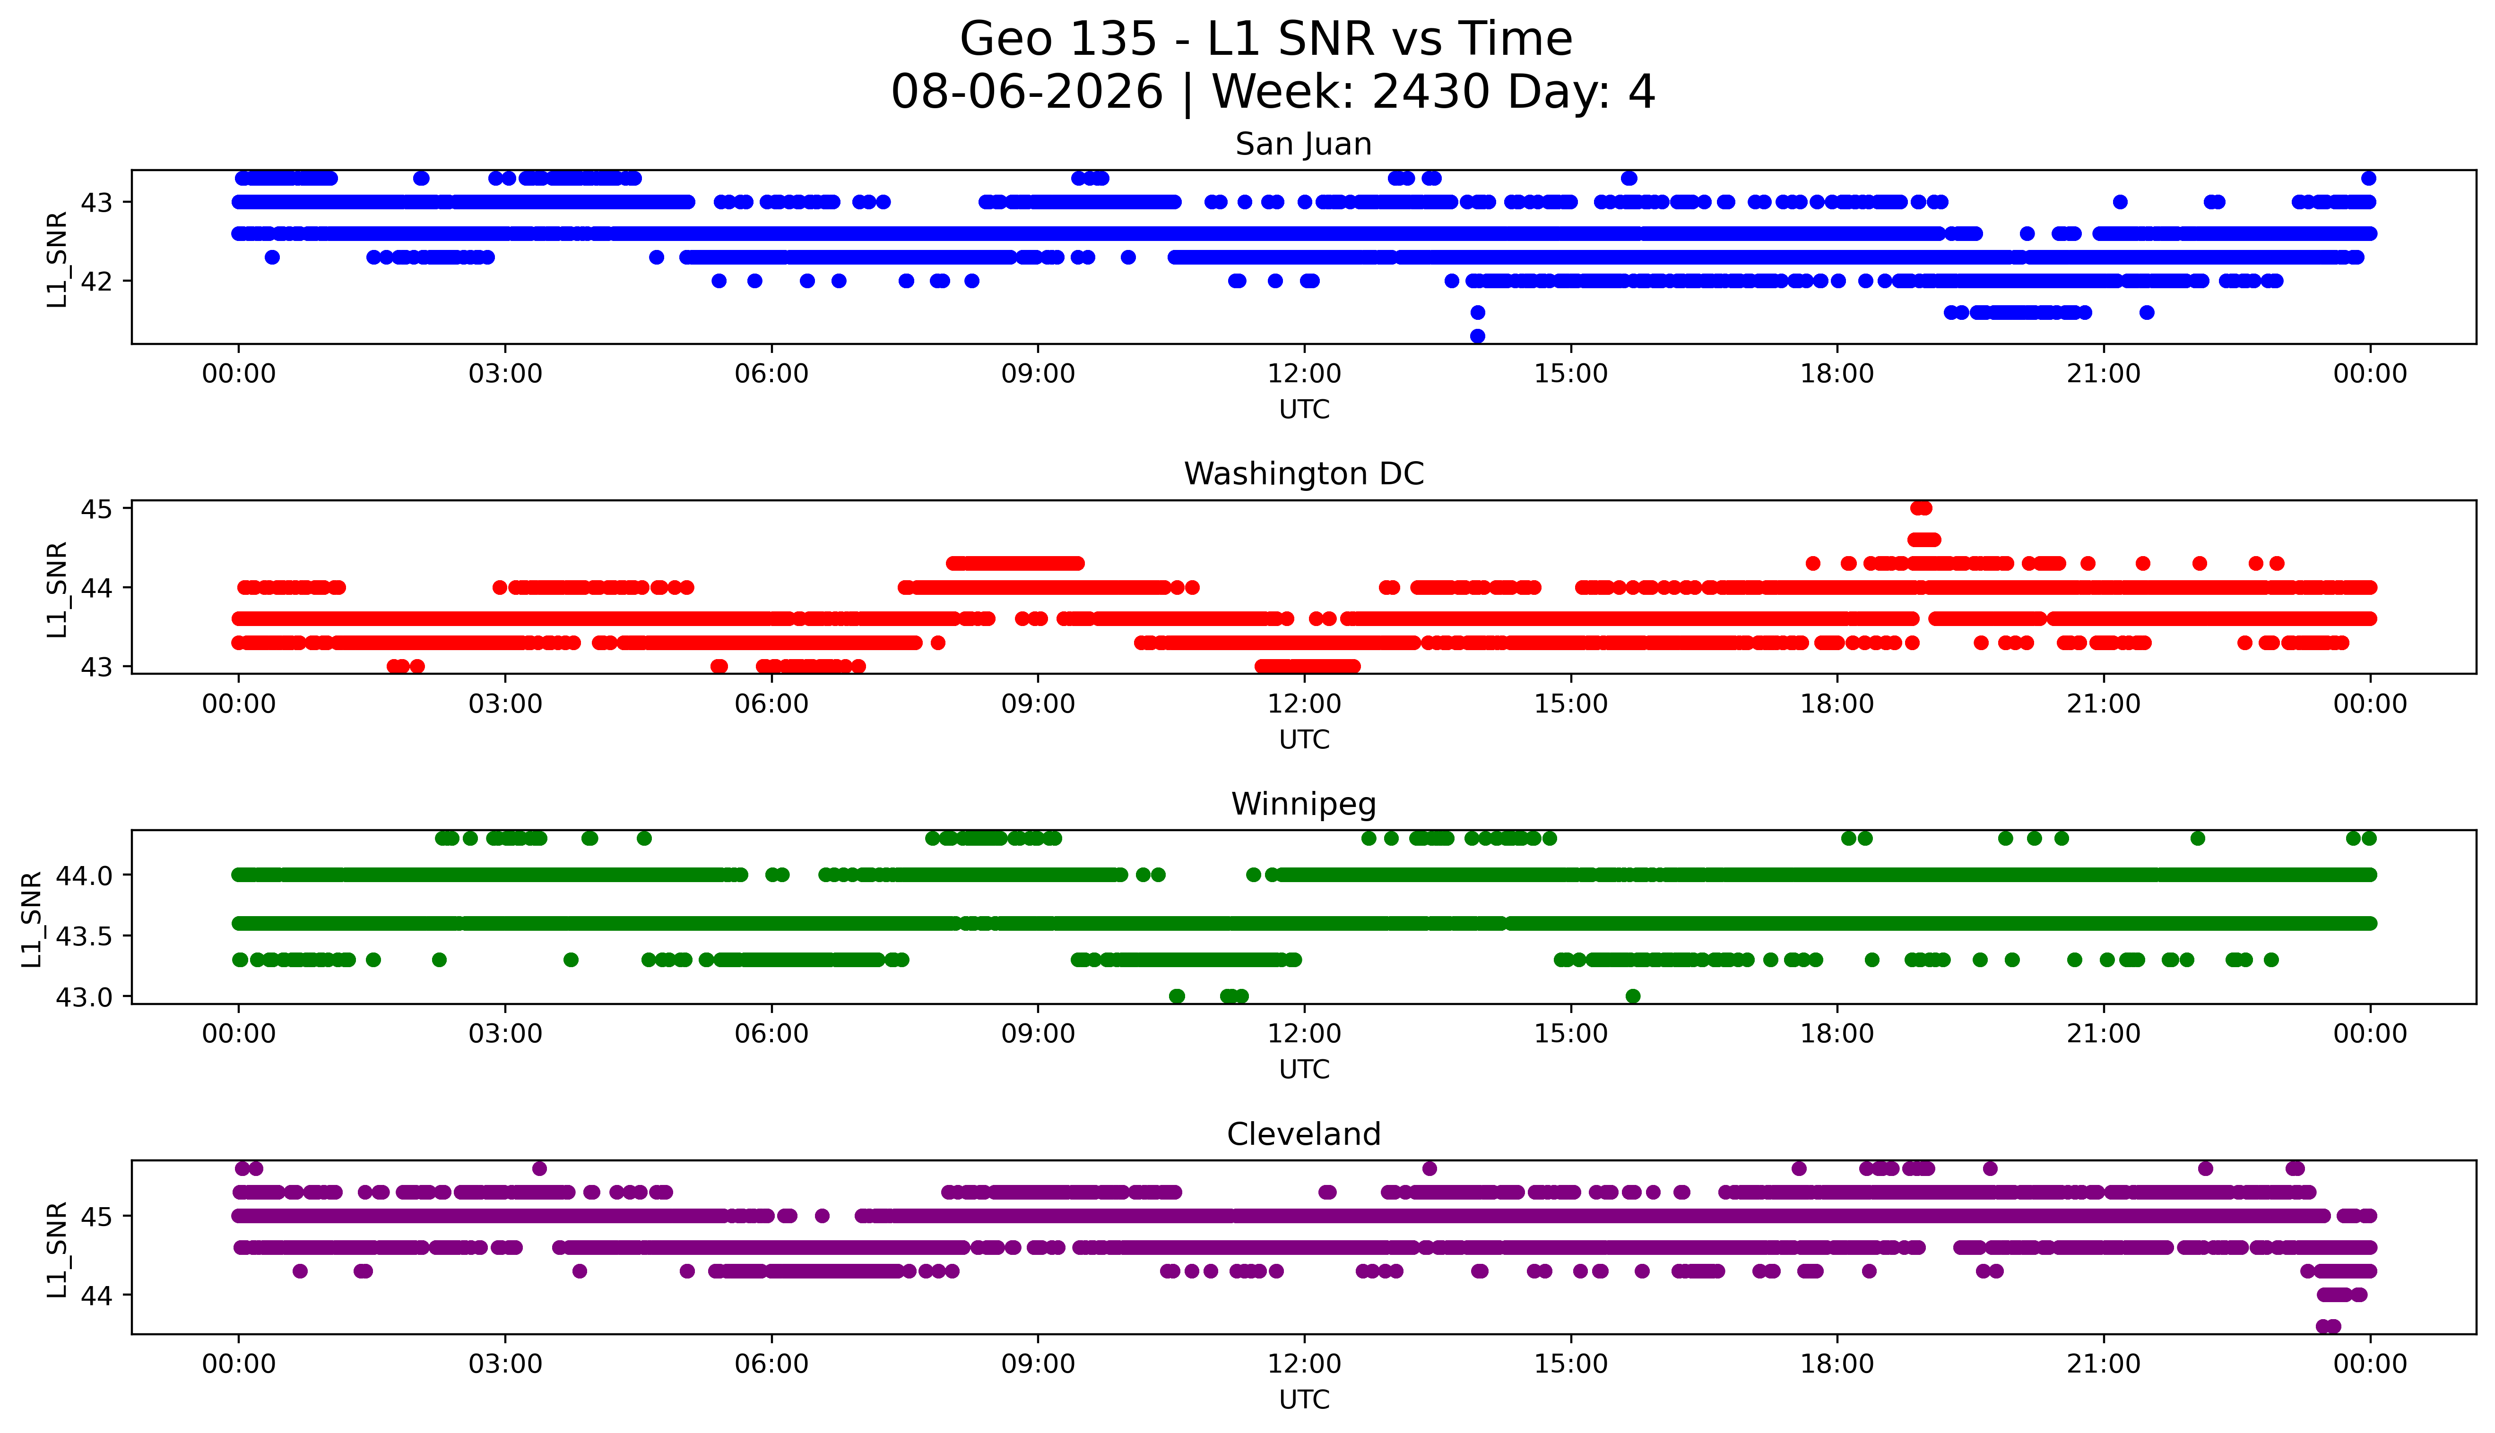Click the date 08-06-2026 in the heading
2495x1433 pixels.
click(1027, 92)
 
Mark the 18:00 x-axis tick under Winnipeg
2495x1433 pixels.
click(1837, 1033)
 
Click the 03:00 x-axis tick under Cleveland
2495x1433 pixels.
click(505, 1364)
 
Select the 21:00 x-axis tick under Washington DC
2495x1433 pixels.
click(2103, 704)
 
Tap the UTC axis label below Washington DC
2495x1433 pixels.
click(1304, 739)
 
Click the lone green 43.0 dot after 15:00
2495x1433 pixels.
click(1632, 996)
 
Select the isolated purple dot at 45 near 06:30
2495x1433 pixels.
click(822, 1216)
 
